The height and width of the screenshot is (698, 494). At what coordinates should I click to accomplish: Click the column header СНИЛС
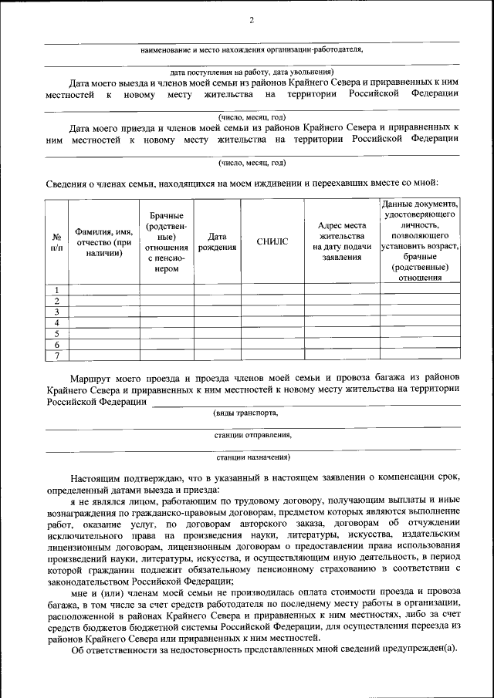(272, 241)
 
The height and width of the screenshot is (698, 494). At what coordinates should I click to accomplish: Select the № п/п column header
(56, 241)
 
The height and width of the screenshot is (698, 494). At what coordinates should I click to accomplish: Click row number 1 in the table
(56, 289)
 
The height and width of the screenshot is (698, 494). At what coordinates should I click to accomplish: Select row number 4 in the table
(56, 322)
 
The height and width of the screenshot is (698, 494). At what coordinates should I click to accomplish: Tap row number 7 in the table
(56, 355)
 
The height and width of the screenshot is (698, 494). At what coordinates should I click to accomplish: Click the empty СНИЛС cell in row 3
(272, 312)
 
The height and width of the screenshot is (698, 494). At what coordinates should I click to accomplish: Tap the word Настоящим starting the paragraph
(94, 478)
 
